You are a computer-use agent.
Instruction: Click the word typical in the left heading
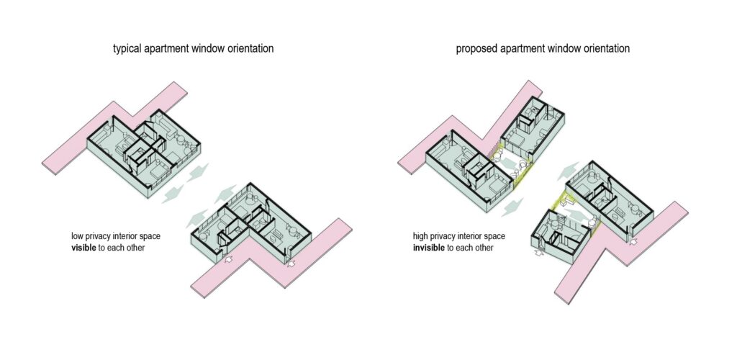click(126, 48)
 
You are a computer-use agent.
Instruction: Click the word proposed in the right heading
click(474, 48)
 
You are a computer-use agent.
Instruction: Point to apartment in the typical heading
click(166, 48)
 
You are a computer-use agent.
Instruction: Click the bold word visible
click(83, 247)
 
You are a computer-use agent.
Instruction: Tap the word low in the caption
click(76, 236)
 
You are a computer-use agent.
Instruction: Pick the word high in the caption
click(420, 236)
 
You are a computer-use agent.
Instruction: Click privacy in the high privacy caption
click(443, 236)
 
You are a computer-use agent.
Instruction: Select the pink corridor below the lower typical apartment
click(271, 258)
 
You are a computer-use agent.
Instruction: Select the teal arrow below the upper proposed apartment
click(512, 207)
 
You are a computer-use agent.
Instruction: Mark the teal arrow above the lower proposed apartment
click(569, 171)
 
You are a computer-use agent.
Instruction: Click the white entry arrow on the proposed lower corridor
click(633, 242)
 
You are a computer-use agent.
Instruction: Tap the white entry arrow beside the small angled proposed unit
click(538, 253)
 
